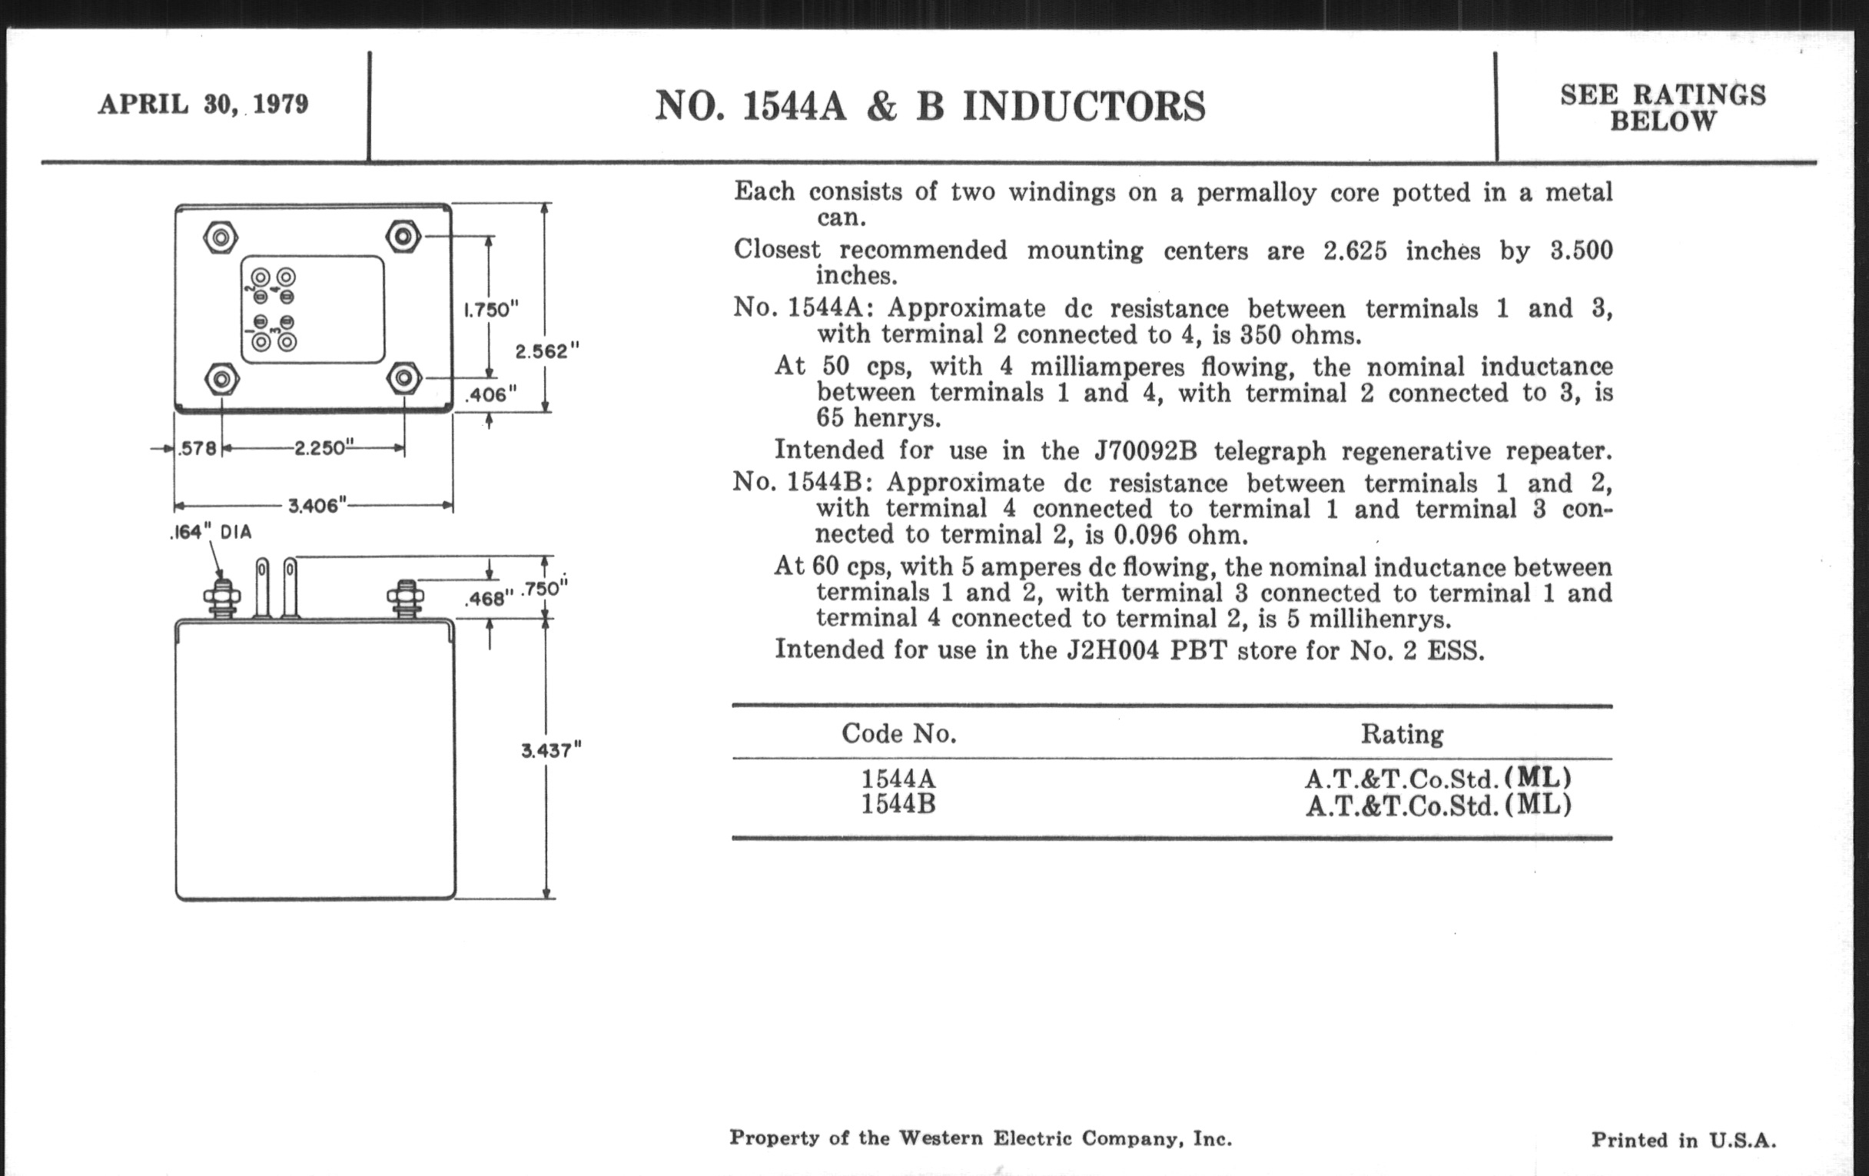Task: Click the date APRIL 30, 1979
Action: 204,104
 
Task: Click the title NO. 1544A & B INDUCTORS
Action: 930,106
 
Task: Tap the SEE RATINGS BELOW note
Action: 1662,108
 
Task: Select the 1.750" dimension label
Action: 490,310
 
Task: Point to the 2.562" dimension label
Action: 547,350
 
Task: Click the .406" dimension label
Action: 490,394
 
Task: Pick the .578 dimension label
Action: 198,449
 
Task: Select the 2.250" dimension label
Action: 324,448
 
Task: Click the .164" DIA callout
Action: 211,533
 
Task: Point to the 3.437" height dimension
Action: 551,751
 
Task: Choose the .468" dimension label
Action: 489,599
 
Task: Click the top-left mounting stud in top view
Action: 221,237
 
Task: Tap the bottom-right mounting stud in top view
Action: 403,379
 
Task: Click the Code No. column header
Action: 899,733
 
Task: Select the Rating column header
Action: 1402,734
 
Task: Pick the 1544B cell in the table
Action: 898,804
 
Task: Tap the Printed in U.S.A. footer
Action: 1684,1140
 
